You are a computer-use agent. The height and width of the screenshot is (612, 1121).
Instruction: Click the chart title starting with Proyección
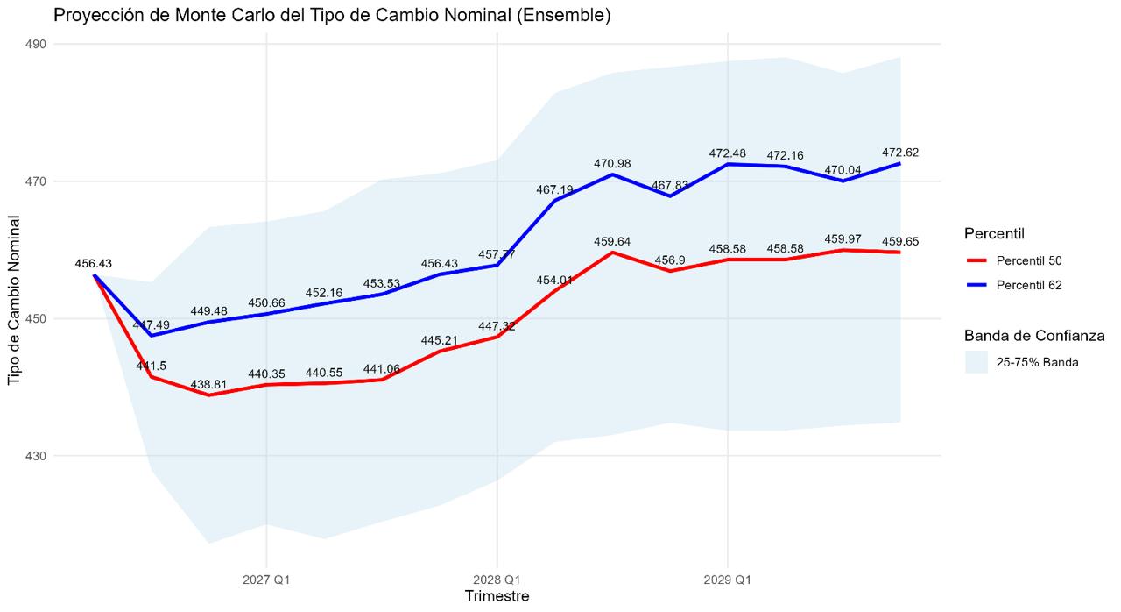[x=332, y=16]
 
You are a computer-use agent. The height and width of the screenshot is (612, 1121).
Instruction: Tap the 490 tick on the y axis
[x=36, y=44]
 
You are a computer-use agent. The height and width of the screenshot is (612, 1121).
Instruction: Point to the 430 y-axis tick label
[x=36, y=456]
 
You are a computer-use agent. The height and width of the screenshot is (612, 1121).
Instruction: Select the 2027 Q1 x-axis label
[x=266, y=580]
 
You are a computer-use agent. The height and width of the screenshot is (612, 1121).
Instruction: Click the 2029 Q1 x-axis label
[x=727, y=580]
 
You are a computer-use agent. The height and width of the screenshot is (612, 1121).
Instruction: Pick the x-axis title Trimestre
[x=497, y=596]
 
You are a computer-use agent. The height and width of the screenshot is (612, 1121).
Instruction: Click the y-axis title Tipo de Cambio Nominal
[x=14, y=300]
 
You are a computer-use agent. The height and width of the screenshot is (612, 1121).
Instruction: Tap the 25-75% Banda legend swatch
[x=976, y=362]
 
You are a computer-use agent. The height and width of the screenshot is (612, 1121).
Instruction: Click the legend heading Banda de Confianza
[x=1034, y=336]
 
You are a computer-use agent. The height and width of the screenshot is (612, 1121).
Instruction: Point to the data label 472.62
[x=900, y=153]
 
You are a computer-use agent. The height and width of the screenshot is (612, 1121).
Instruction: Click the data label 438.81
[x=208, y=385]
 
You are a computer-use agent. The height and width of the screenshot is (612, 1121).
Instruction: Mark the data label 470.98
[x=612, y=163]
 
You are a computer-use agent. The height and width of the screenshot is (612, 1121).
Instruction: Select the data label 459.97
[x=843, y=239]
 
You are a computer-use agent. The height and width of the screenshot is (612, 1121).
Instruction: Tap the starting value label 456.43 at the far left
[x=94, y=263]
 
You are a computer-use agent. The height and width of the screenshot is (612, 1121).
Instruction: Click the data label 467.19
[x=554, y=189]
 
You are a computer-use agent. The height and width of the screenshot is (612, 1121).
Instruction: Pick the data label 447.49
[x=152, y=325]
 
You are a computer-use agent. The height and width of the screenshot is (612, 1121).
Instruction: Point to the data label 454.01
[x=554, y=281]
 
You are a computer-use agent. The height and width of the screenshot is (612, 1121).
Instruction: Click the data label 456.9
[x=670, y=260]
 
